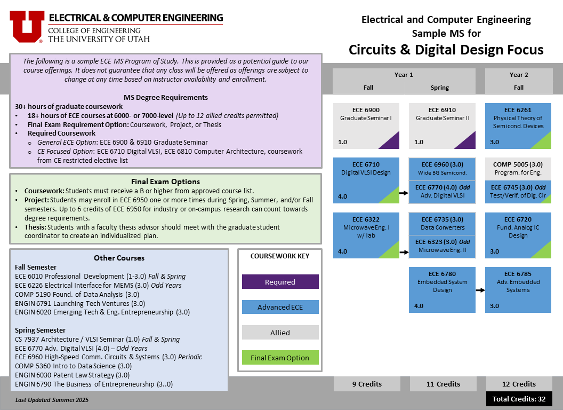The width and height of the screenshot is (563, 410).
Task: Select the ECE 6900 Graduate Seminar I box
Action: [x=366, y=125]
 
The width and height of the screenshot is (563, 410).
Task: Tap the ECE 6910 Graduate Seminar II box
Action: [x=442, y=125]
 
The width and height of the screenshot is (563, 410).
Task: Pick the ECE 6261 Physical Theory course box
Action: [x=518, y=125]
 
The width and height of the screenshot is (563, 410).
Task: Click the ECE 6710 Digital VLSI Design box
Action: [x=366, y=180]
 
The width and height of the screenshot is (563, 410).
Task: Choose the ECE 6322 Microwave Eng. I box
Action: [x=366, y=235]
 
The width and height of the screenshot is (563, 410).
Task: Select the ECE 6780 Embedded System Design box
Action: [x=442, y=289]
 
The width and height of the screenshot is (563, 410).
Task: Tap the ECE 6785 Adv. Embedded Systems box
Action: [x=518, y=289]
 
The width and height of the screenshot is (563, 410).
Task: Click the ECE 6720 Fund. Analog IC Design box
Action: [x=518, y=235]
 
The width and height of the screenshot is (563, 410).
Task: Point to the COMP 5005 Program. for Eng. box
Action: [x=518, y=169]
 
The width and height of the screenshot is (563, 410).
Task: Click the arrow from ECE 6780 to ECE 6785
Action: [x=480, y=290]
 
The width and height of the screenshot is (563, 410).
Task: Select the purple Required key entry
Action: [x=280, y=282]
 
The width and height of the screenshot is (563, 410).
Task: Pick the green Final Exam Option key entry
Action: [x=280, y=358]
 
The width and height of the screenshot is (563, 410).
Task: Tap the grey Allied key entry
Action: [x=280, y=333]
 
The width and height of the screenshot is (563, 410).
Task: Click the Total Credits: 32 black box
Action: [x=519, y=399]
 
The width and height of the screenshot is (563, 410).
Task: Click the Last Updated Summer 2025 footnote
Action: [x=52, y=400]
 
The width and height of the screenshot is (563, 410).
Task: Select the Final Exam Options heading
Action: [x=165, y=182]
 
